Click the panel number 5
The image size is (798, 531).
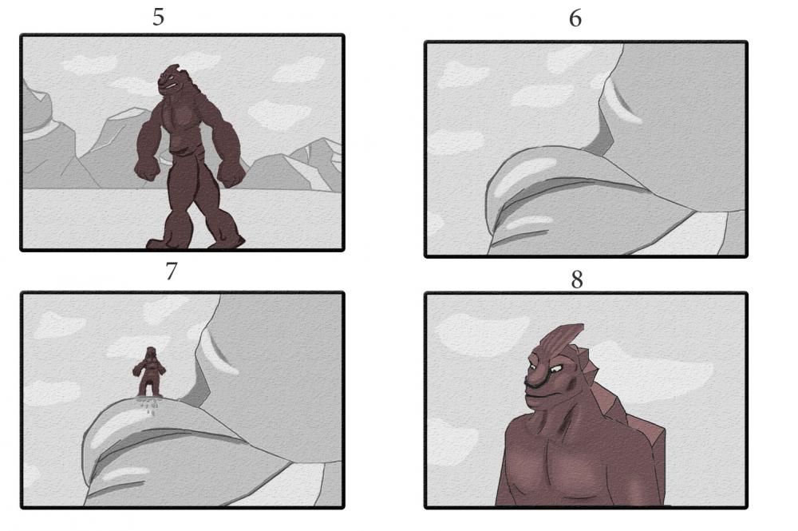[x=158, y=17]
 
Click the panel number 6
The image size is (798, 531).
[x=575, y=18]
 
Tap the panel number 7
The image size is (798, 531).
[x=171, y=271]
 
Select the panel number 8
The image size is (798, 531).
[x=577, y=279]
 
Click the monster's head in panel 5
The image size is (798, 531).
[x=174, y=81]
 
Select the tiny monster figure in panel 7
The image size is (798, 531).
[x=148, y=372]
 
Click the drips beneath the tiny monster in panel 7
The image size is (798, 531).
[x=148, y=406]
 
